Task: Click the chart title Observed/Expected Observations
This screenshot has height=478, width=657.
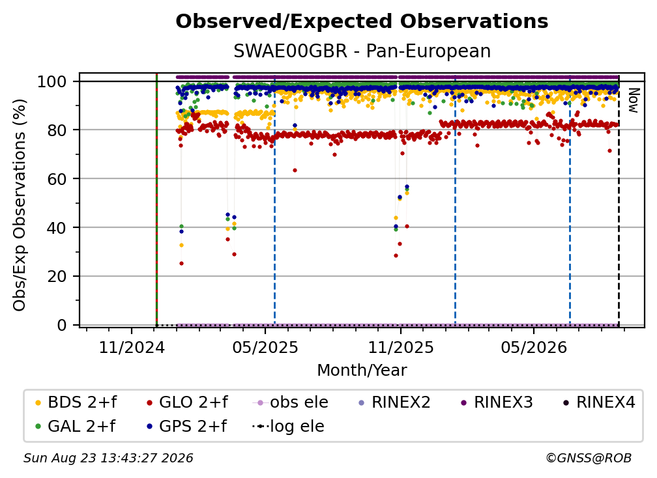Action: [362, 21]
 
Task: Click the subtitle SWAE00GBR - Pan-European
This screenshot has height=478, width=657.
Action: [362, 51]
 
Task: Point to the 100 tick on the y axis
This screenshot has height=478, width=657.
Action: [51, 81]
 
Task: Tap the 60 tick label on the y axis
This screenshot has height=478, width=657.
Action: [57, 178]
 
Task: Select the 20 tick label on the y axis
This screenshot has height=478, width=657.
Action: [57, 276]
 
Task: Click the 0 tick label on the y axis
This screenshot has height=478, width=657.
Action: [61, 325]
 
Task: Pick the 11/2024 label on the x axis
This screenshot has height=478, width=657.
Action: [132, 347]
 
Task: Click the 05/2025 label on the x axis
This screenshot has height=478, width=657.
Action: [265, 347]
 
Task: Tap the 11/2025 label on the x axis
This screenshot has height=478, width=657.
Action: [401, 347]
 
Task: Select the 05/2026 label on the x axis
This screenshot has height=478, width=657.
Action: [534, 347]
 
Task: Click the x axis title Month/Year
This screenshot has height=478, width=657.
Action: [362, 370]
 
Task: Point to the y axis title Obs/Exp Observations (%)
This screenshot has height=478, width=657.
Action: [20, 205]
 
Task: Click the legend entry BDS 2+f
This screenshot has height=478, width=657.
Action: [76, 402]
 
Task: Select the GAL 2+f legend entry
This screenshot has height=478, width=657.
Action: [75, 426]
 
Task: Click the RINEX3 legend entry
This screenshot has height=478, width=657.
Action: [497, 402]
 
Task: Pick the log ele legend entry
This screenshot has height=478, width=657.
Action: [288, 426]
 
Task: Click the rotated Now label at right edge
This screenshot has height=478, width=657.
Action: [633, 100]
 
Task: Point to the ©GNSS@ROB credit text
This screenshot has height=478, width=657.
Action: [589, 458]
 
